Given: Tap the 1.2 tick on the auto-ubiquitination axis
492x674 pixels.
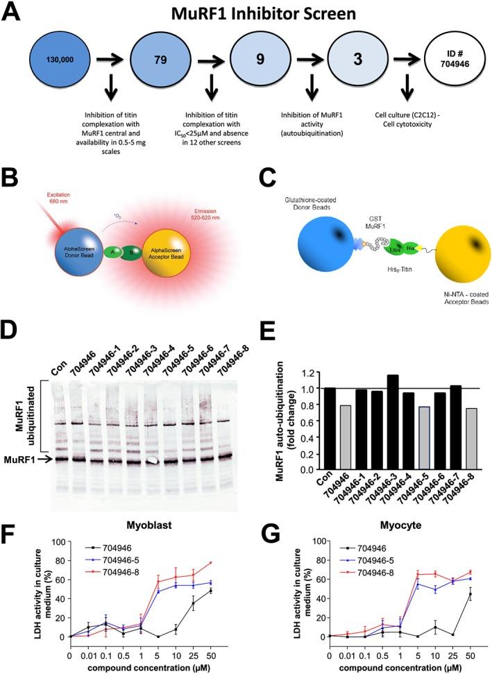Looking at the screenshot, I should click(300, 373).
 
